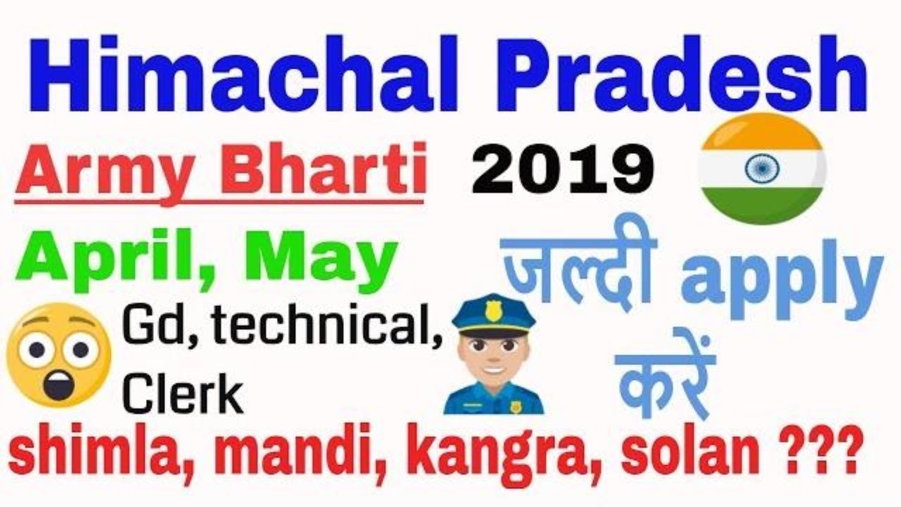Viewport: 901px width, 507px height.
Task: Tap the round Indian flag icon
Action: point(762,169)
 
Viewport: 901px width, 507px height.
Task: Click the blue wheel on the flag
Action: point(762,169)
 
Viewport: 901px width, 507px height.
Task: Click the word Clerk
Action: point(183,394)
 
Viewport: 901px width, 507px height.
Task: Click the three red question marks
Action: point(817,455)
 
